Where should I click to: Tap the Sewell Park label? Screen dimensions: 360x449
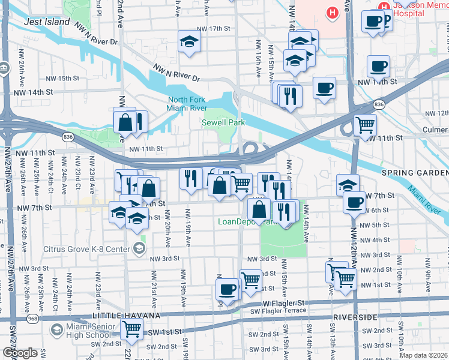coord(223,122)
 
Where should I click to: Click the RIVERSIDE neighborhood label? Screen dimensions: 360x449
coord(376,317)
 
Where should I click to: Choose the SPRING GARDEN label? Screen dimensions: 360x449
coord(414,173)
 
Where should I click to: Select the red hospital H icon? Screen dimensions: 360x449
coord(331,12)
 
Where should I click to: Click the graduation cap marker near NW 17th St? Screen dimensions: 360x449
coord(189,42)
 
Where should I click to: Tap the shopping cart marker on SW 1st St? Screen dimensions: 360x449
coord(131,329)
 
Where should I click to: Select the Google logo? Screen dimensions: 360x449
coord(20,353)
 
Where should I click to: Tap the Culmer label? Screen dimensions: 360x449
coord(435,129)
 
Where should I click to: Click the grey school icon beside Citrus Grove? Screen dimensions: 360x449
coord(139,248)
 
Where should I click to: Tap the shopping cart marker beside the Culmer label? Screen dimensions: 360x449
coord(365,125)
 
